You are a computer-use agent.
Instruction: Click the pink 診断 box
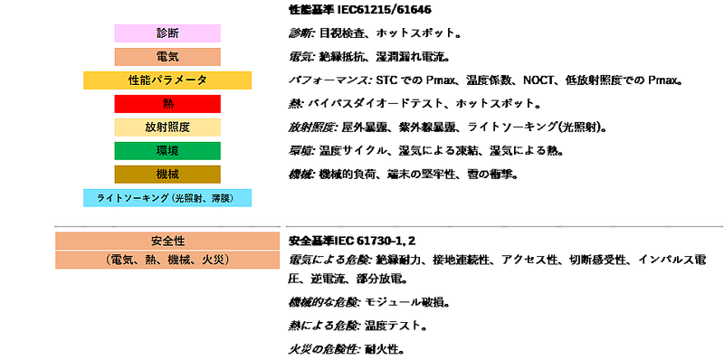[x=167, y=33]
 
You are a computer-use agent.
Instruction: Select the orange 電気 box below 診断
[x=167, y=57]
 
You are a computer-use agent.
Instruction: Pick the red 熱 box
[x=167, y=104]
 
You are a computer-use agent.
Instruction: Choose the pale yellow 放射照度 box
[x=167, y=128]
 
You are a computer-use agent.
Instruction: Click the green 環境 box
[x=167, y=150]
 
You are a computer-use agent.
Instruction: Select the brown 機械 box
[x=167, y=174]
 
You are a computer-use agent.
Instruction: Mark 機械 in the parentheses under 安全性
[x=179, y=260]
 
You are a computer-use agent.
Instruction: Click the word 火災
[x=214, y=260]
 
